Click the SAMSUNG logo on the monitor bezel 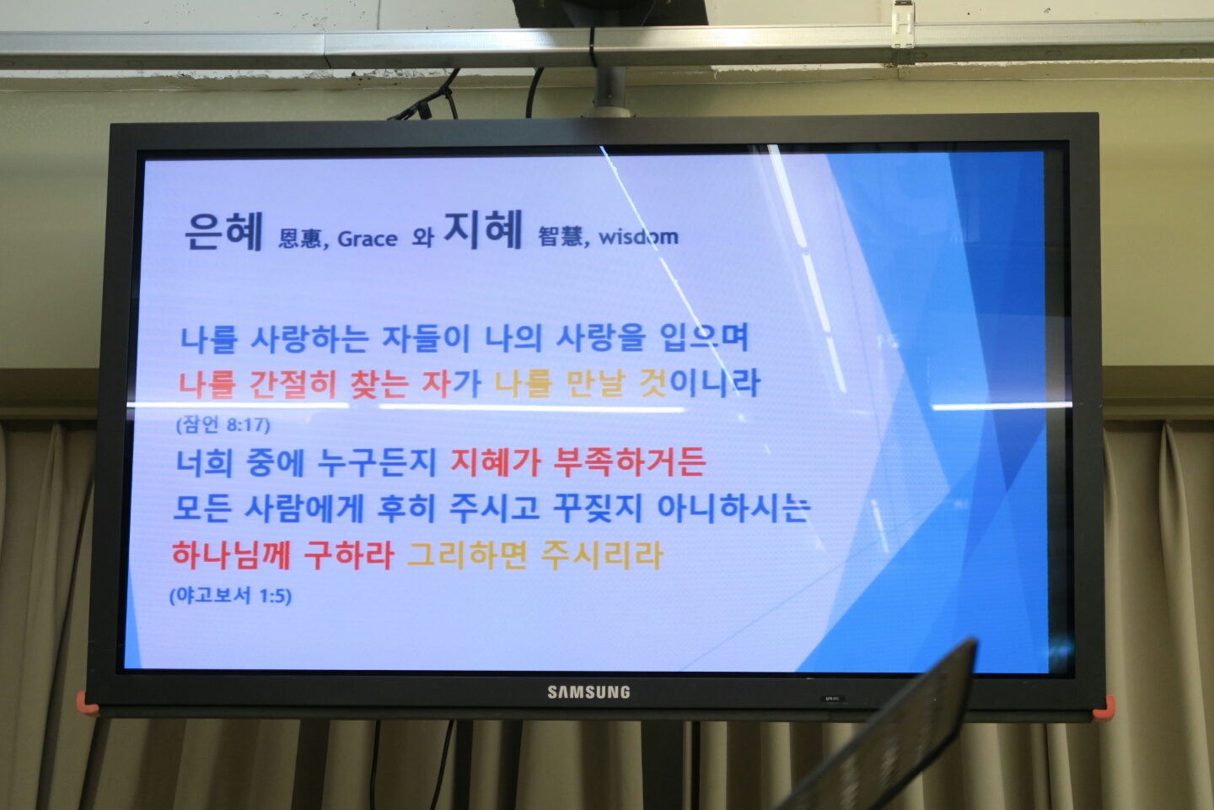[588, 693]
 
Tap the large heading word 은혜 [223, 230]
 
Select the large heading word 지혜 [483, 229]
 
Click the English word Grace [367, 240]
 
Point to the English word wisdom [638, 237]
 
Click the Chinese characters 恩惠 [300, 240]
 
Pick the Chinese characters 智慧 [561, 237]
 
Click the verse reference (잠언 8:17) [223, 424]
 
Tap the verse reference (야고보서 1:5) [230, 596]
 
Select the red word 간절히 [293, 384]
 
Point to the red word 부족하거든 [630, 462]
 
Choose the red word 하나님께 [231, 554]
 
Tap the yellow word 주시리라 [602, 554]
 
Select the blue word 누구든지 [377, 462]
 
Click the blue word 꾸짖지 [598, 508]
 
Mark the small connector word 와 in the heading [422, 237]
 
